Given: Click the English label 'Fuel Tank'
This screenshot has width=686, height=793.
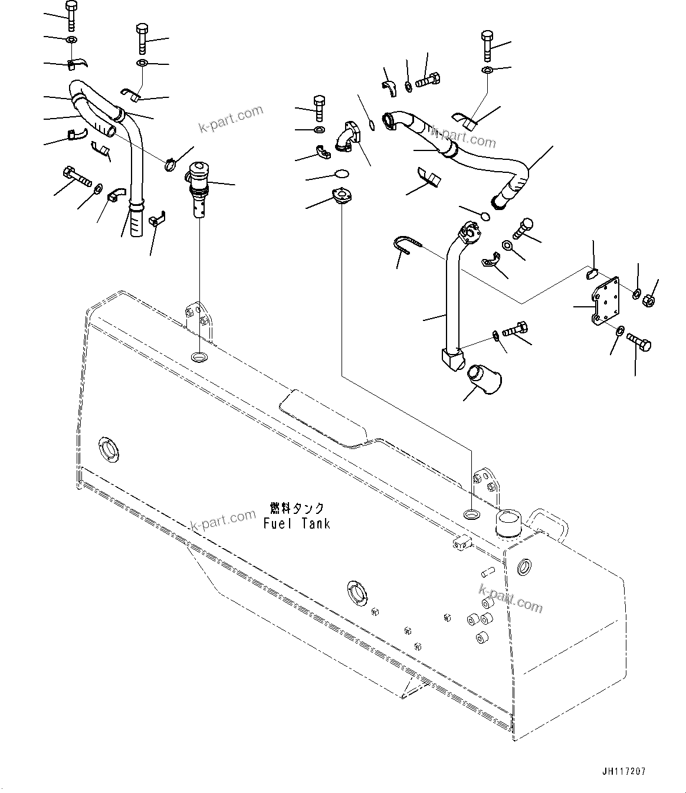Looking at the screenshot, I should click(x=297, y=523).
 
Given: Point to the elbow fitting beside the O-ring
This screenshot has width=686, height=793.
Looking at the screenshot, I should click(x=349, y=138).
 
